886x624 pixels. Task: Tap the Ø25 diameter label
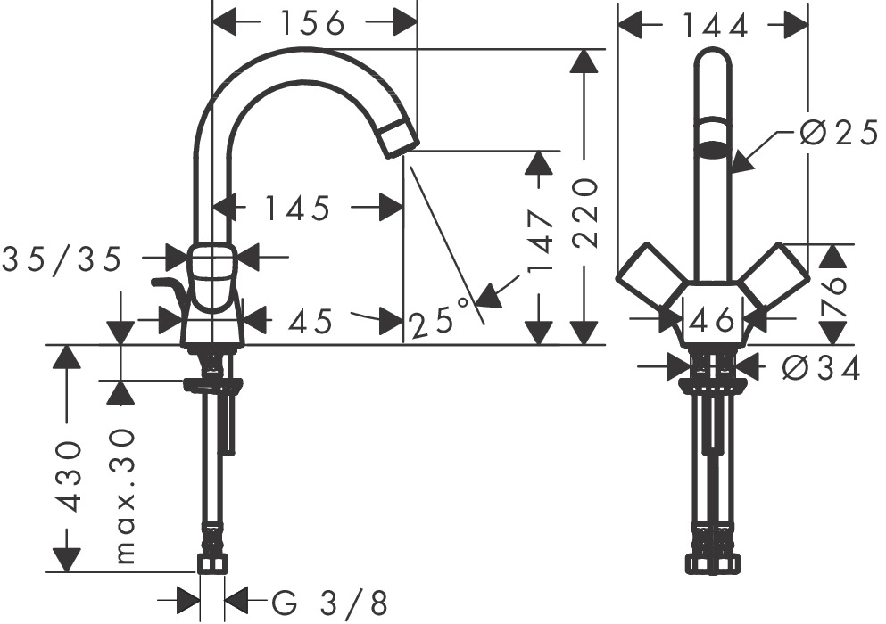pyautogui.click(x=838, y=134)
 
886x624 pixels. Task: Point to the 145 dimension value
pyautogui.click(x=296, y=208)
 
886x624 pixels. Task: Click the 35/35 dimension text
pyautogui.click(x=62, y=259)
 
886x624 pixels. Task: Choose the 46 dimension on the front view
pyautogui.click(x=711, y=318)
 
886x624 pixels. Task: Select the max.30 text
pyautogui.click(x=125, y=495)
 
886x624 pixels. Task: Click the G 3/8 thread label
pyautogui.click(x=329, y=603)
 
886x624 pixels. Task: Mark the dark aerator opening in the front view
pyautogui.click(x=711, y=149)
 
